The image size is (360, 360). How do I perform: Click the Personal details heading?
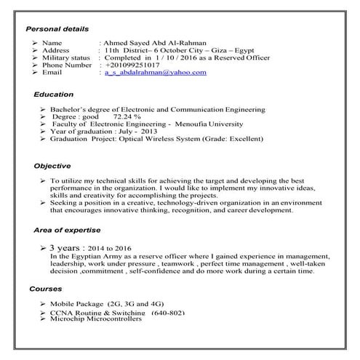coord(57,29)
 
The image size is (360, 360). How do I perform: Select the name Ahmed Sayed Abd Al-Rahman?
coord(154,44)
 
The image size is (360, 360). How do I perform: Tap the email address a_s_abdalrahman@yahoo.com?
coord(155,73)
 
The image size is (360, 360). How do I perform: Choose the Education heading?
coord(54,95)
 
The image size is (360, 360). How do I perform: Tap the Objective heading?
coord(52,166)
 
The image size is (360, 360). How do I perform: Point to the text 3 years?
coord(71,248)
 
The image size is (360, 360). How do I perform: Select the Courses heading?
coord(46,289)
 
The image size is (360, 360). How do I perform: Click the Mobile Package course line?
coord(107,303)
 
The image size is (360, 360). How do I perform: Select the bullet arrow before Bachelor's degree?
coord(44,108)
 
